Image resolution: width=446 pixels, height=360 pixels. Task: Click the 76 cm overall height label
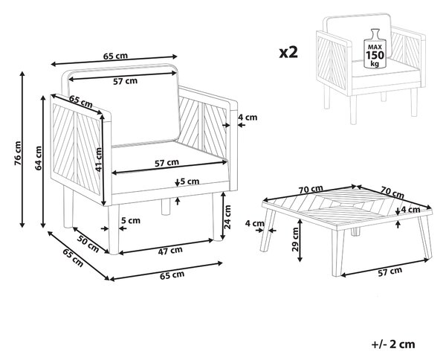click(18, 153)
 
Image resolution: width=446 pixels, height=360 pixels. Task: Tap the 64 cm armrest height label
click(39, 158)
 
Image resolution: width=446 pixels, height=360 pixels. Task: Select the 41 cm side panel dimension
click(98, 159)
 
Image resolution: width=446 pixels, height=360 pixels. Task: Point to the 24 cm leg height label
click(227, 217)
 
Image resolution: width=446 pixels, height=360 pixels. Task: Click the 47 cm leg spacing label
click(170, 251)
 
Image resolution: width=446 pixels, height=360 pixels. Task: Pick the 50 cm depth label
click(88, 244)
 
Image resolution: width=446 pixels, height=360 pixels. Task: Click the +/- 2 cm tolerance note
click(393, 344)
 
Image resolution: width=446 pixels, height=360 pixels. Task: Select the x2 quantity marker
click(288, 53)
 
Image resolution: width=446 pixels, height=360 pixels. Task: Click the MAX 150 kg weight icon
click(375, 48)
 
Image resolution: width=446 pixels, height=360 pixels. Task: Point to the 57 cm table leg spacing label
click(390, 271)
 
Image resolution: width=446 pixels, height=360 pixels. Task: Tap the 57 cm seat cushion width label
click(167, 163)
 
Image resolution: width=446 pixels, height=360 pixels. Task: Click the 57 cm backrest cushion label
click(125, 81)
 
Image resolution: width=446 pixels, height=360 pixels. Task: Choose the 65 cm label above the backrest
click(115, 56)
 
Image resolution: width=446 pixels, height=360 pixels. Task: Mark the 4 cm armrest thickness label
click(248, 118)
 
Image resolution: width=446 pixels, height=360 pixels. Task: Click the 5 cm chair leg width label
click(131, 221)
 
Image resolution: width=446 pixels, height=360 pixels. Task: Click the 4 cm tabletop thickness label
click(410, 210)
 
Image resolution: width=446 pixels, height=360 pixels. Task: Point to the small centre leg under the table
click(355, 232)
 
